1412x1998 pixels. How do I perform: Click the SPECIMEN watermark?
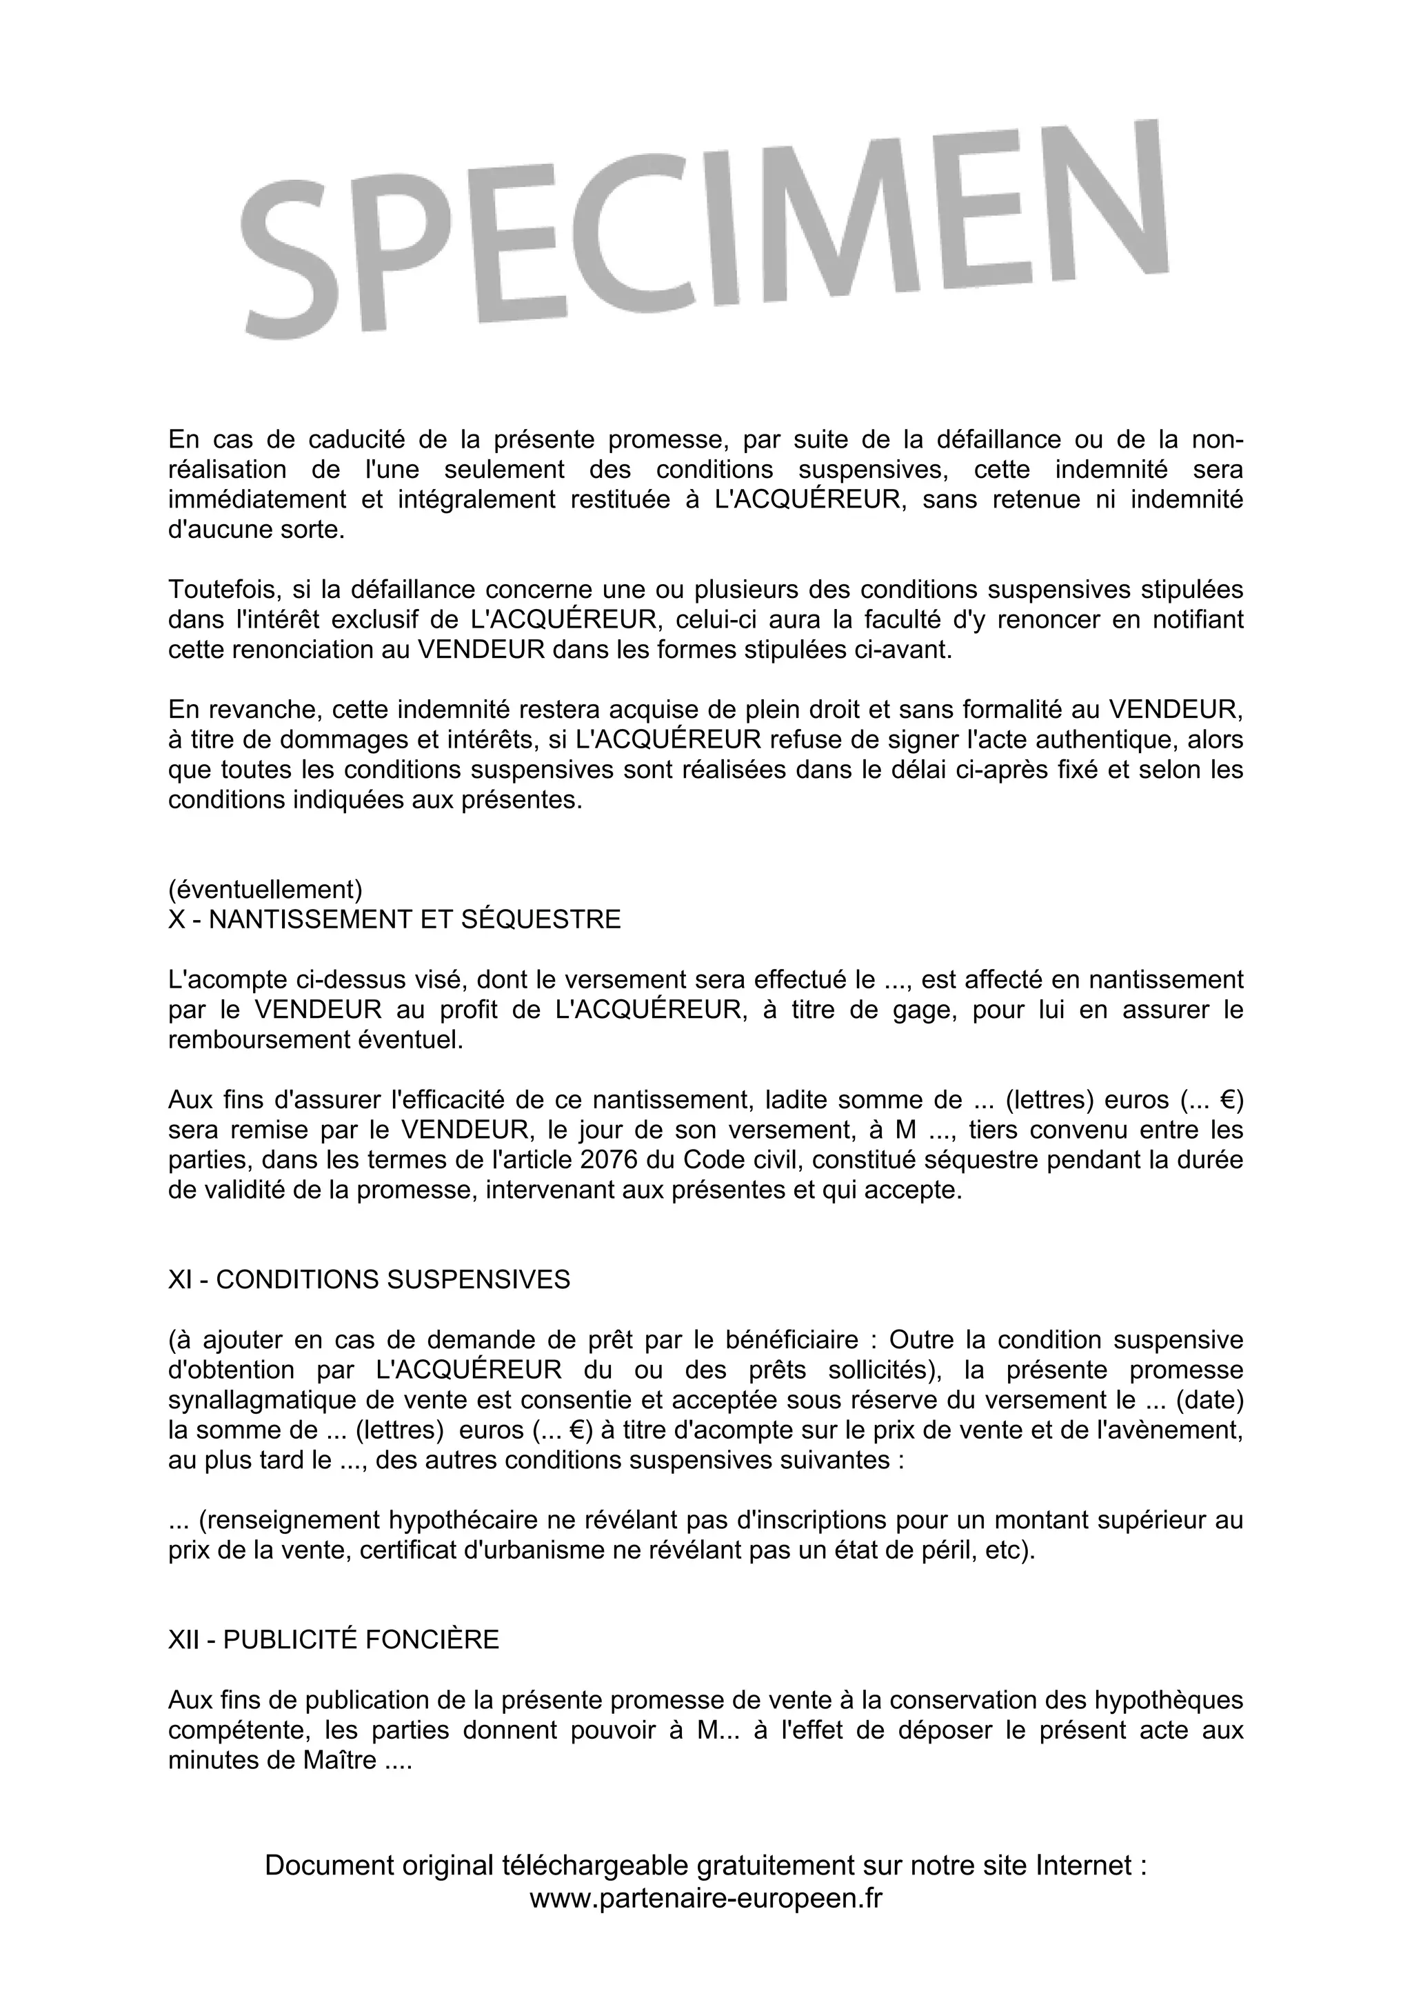705,230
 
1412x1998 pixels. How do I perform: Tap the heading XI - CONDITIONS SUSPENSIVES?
369,1279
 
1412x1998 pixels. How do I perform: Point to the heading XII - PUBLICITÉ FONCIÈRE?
333,1639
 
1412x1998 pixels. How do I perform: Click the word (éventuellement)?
265,890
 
